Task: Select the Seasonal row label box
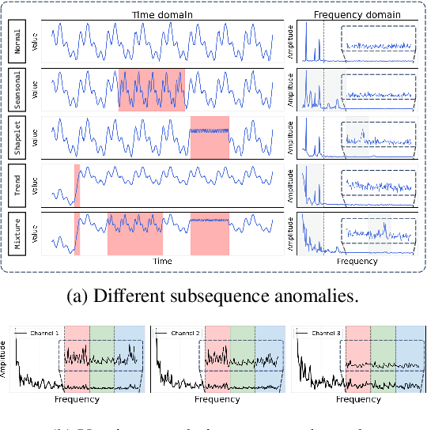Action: tap(17, 92)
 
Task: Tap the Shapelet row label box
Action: tap(17, 139)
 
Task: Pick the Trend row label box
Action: tap(17, 186)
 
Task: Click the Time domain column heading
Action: tap(161, 14)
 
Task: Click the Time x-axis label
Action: tap(161, 260)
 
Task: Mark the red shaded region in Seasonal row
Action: tap(152, 91)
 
